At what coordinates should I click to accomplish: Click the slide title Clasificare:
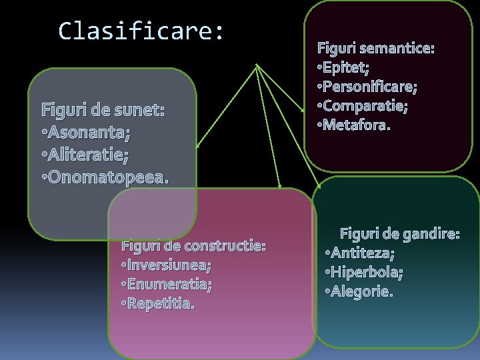tap(141, 31)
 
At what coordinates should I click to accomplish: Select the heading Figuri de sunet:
tap(103, 109)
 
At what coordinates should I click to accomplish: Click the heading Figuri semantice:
tap(375, 48)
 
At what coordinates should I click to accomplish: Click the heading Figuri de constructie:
tap(193, 246)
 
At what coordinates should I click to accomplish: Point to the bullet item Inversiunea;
tap(169, 265)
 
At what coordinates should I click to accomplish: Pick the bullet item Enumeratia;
tap(169, 285)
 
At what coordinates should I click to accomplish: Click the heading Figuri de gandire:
tap(400, 234)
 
